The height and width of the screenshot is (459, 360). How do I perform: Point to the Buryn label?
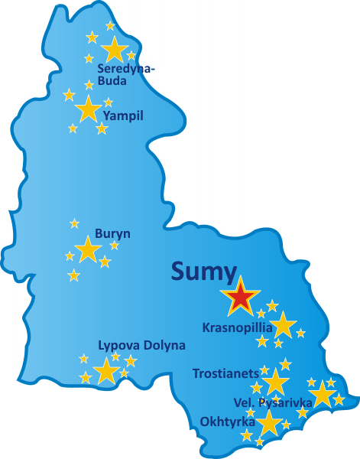[113, 233]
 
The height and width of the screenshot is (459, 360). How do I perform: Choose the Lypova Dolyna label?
[141, 345]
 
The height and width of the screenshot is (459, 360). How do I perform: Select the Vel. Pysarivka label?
[273, 402]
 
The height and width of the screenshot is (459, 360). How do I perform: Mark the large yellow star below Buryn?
[88, 249]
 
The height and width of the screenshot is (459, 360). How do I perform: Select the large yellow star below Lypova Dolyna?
[106, 371]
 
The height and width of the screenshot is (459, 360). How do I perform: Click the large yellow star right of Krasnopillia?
[284, 325]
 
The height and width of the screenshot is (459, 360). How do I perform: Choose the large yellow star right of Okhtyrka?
[268, 423]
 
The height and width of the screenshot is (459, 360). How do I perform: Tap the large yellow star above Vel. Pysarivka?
[323, 394]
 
